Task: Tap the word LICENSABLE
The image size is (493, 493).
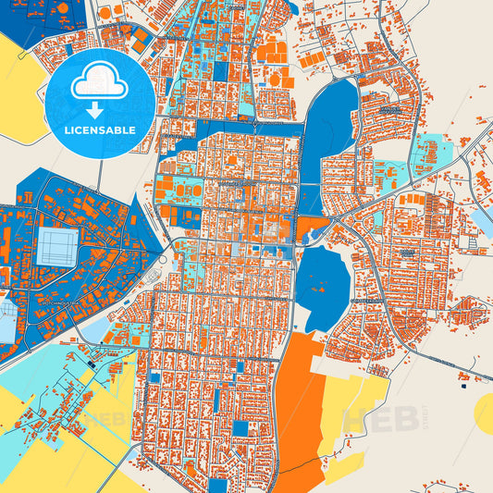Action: pyautogui.click(x=100, y=130)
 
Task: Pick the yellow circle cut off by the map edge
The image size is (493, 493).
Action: pyautogui.click(x=484, y=413)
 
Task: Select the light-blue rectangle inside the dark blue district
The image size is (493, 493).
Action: pyautogui.click(x=57, y=245)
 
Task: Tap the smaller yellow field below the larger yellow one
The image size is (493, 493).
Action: pyautogui.click(x=342, y=467)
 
